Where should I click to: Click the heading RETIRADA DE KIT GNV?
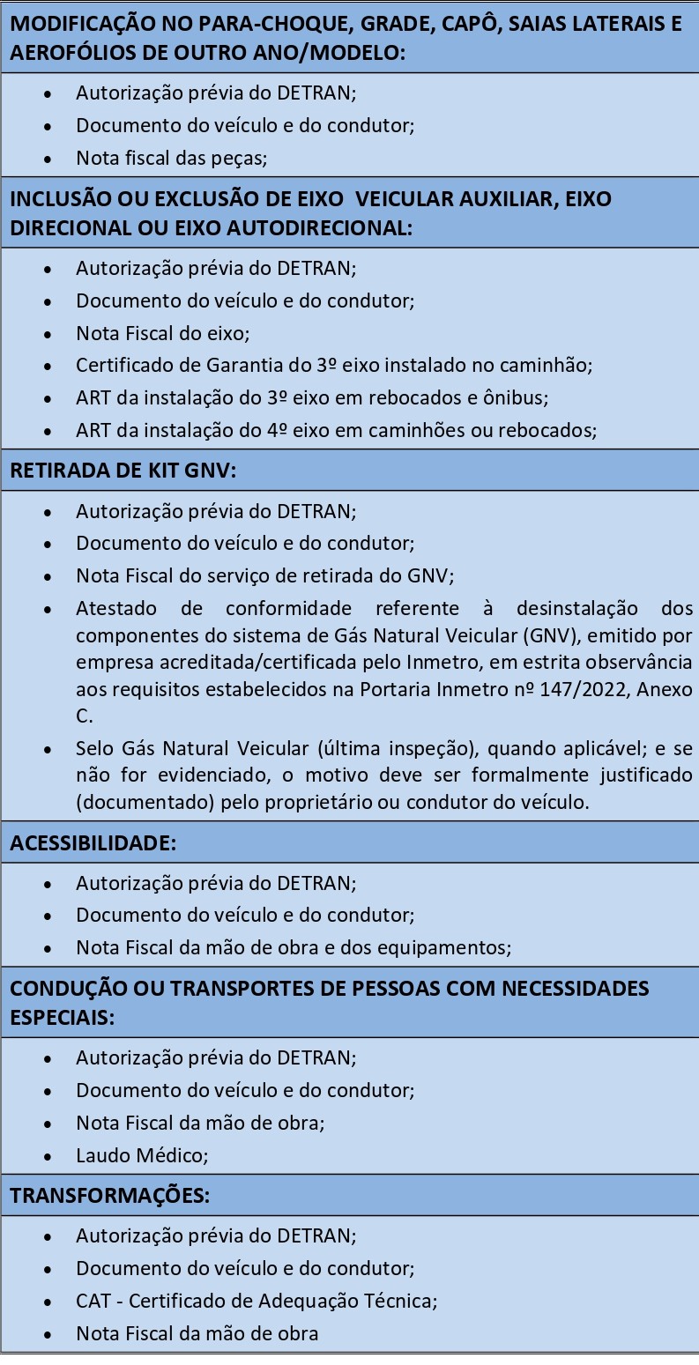click(123, 470)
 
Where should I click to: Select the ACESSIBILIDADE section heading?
click(93, 842)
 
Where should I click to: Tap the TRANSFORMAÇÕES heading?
click(109, 1196)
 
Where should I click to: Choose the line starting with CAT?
click(257, 1301)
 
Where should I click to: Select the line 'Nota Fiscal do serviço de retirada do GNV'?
click(264, 576)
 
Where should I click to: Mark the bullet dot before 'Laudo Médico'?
click(47, 1155)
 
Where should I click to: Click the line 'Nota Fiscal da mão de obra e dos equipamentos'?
click(294, 948)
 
